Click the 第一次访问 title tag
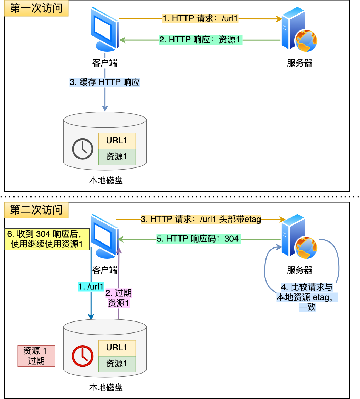(x=36, y=8)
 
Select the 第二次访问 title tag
(x=36, y=210)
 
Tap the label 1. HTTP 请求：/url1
(x=200, y=19)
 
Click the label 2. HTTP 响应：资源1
(x=200, y=40)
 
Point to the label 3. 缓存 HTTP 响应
(x=105, y=82)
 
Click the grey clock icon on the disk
(x=82, y=149)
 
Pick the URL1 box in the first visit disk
(x=117, y=141)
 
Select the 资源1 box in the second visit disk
(x=117, y=364)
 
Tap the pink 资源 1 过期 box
(x=36, y=356)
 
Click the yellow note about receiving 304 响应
(x=47, y=239)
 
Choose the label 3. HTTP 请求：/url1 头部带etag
(x=201, y=220)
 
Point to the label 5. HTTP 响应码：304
(x=198, y=239)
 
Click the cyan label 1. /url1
(x=91, y=287)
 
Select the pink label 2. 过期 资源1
(x=119, y=298)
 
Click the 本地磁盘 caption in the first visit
(x=105, y=181)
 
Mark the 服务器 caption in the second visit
(x=299, y=270)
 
